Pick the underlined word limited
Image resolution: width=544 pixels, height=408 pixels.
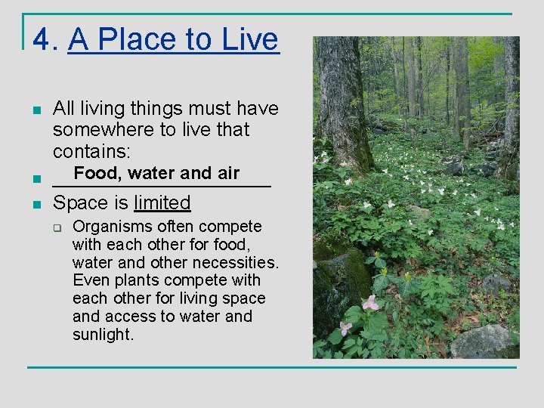click(x=162, y=202)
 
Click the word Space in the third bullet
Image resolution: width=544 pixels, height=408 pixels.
click(x=80, y=202)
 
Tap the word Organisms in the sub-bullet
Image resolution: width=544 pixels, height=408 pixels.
click(x=111, y=227)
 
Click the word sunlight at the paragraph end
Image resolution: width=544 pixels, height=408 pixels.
click(x=103, y=334)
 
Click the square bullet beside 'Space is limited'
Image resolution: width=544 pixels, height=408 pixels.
click(x=36, y=203)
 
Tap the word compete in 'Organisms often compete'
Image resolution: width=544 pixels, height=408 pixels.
click(x=236, y=227)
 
